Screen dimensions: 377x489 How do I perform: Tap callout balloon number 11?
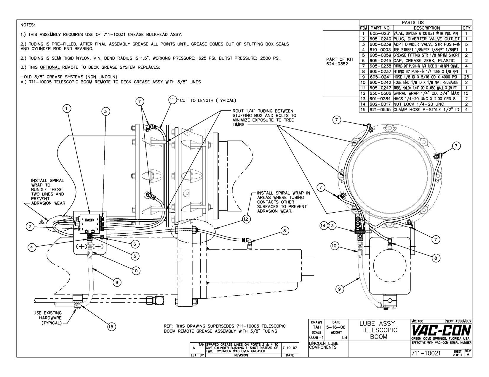[x=172, y=100]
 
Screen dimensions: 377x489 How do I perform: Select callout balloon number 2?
[x=29, y=227]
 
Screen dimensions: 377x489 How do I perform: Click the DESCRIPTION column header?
[x=427, y=28]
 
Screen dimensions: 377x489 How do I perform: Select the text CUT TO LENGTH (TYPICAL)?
[x=208, y=100]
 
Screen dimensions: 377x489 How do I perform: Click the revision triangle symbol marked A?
[x=42, y=221]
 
